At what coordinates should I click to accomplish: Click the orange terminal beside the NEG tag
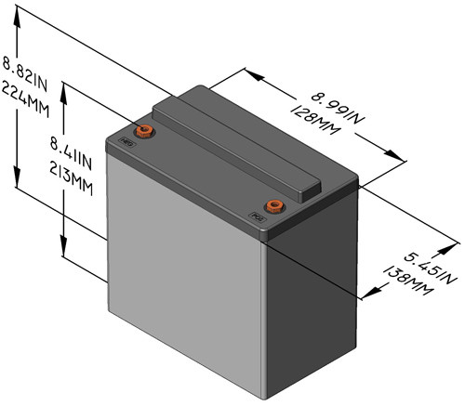point(145,129)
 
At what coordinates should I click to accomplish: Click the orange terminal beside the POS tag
point(273,205)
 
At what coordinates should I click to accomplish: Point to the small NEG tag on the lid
point(128,143)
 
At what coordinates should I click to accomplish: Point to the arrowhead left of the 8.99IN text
point(249,72)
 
